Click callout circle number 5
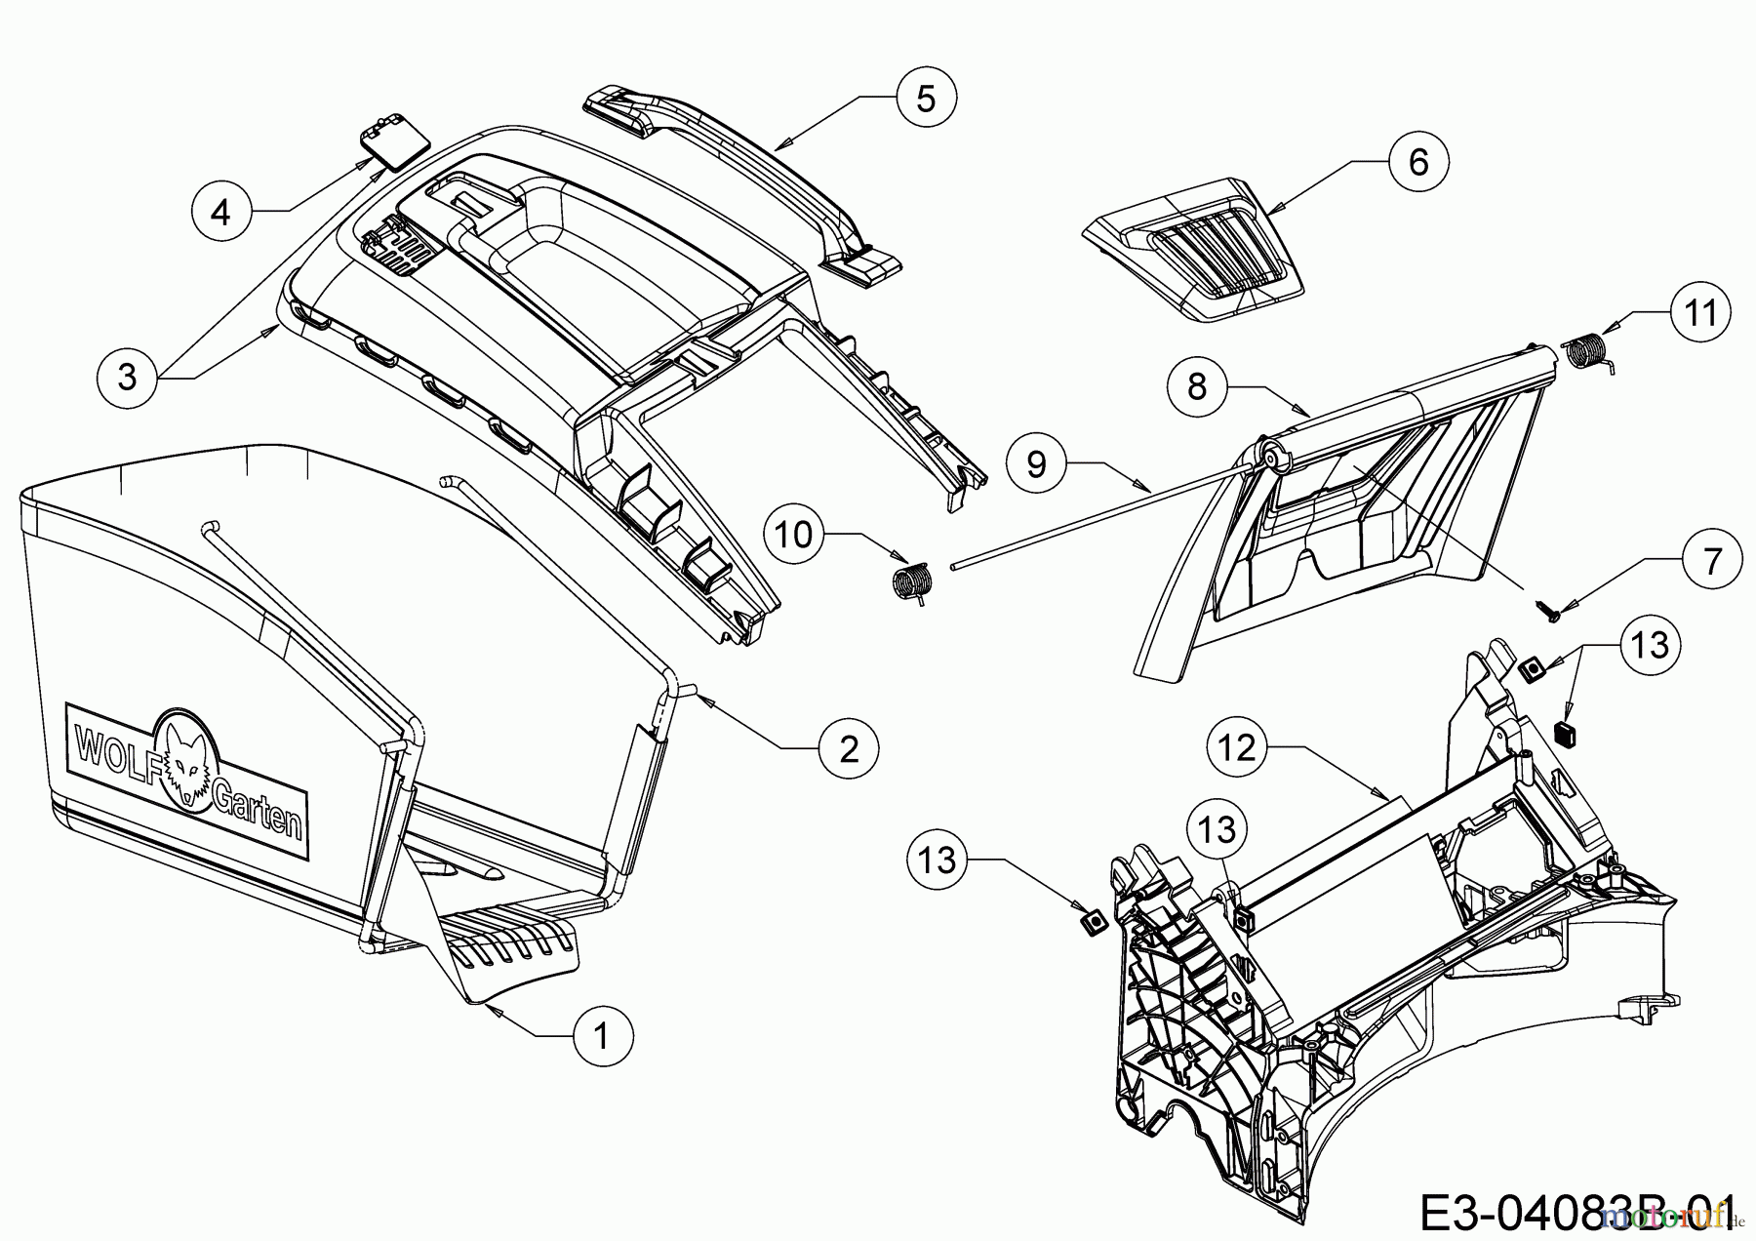click(x=926, y=98)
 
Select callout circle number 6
click(x=1417, y=162)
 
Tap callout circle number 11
click(x=1699, y=312)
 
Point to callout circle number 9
click(x=1036, y=463)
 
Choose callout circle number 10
click(x=796, y=535)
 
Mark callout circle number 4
click(x=221, y=211)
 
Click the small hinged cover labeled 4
click(x=393, y=147)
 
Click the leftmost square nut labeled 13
click(x=1093, y=920)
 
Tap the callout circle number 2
click(x=849, y=748)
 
